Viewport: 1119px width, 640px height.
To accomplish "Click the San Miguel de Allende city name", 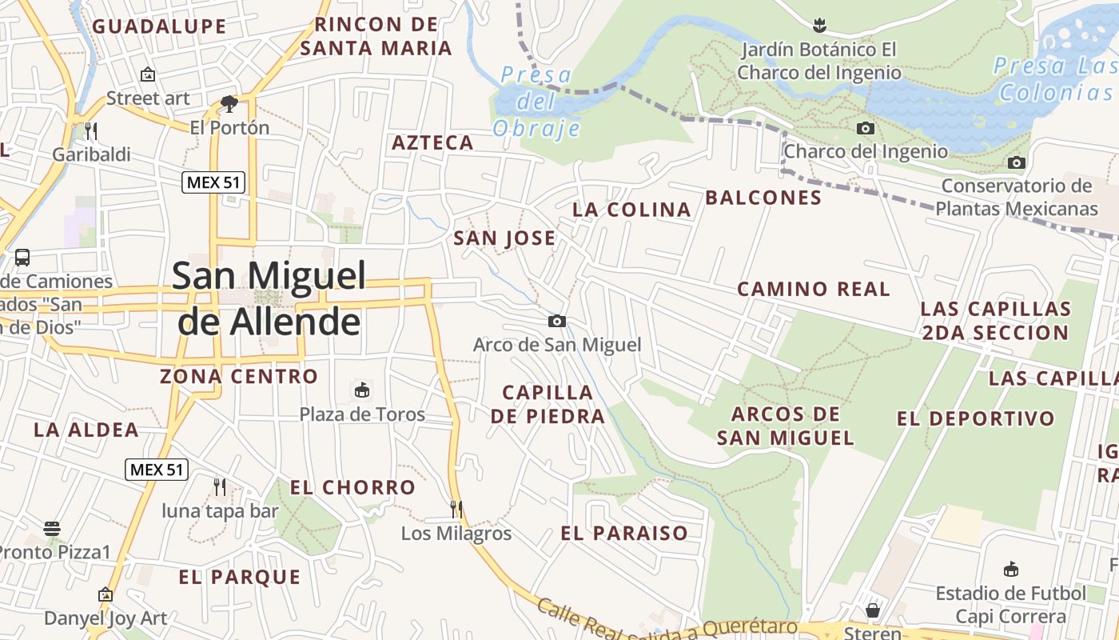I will point(269,298).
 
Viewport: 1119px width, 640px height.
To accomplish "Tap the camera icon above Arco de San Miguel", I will point(557,322).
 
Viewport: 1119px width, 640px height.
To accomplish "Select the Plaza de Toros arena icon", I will point(362,390).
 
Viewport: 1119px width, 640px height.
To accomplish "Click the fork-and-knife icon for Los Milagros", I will point(456,509).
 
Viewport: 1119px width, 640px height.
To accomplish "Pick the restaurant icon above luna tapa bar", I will point(220,486).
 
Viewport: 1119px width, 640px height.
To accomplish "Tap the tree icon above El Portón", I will point(229,103).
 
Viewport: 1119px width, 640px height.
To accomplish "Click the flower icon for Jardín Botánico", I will point(818,25).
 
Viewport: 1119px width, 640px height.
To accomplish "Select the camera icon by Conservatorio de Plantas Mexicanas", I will point(1016,163).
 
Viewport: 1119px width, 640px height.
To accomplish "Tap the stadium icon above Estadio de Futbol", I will point(1011,570).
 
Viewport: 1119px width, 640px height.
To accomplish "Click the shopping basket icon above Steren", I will point(872,610).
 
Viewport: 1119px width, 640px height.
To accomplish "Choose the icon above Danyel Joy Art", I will point(105,594).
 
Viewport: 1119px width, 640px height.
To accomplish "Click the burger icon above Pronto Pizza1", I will point(52,528).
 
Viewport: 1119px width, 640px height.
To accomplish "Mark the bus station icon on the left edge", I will point(22,258).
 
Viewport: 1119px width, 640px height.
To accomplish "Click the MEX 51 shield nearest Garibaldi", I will point(213,182).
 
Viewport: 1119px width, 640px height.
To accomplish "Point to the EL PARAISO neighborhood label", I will point(624,534).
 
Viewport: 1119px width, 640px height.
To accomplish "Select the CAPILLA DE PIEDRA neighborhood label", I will point(548,404).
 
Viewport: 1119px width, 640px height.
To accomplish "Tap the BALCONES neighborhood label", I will point(763,198).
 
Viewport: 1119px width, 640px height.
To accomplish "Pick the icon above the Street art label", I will point(148,74).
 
